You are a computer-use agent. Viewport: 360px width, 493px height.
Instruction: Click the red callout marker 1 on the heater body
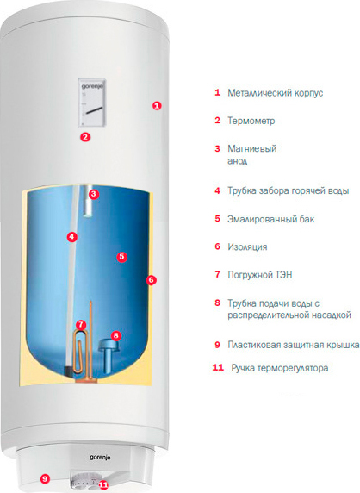157,106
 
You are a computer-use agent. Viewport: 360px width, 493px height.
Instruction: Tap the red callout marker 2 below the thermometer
85,137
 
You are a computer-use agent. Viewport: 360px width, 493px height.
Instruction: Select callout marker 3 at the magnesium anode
93,194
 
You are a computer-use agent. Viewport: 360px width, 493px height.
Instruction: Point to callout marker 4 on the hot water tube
72,237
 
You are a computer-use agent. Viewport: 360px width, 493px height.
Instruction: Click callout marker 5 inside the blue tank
121,257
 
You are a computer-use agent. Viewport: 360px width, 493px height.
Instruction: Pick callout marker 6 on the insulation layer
151,280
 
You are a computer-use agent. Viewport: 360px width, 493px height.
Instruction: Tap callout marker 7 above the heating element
81,324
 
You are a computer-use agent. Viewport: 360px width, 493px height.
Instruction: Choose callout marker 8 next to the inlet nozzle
116,335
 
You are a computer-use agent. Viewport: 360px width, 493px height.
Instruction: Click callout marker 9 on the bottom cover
45,479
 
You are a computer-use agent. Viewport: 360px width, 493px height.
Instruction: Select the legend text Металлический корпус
276,93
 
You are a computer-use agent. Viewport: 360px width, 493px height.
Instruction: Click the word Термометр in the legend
251,121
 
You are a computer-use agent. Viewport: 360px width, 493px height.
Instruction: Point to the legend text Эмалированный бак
270,219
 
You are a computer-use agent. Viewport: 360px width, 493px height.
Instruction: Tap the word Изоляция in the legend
247,247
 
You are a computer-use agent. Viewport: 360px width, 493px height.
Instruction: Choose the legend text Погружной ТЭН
260,275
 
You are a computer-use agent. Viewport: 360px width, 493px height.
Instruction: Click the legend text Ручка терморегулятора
280,368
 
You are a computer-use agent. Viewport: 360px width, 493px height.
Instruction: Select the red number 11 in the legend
218,367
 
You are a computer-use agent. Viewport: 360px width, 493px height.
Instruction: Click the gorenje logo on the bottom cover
100,458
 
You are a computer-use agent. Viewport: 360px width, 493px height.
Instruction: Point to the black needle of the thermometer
93,110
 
